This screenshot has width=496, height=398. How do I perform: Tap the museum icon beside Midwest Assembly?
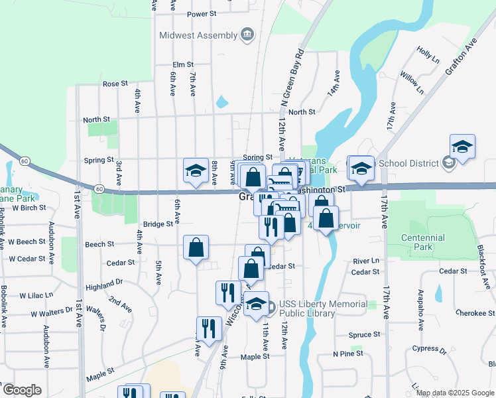pos(247,34)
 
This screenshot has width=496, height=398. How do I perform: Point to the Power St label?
pos(202,13)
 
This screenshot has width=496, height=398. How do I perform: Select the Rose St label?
pos(115,84)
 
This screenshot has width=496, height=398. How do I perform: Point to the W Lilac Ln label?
pos(36,295)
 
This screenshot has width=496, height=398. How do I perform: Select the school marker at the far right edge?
pos(462,148)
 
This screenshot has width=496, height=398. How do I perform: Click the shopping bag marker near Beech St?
pos(196,249)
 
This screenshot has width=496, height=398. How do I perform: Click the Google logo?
pos(22,390)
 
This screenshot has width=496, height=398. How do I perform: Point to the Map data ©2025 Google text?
pos(454,393)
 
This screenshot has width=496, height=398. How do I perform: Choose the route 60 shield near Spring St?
pos(25,161)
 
